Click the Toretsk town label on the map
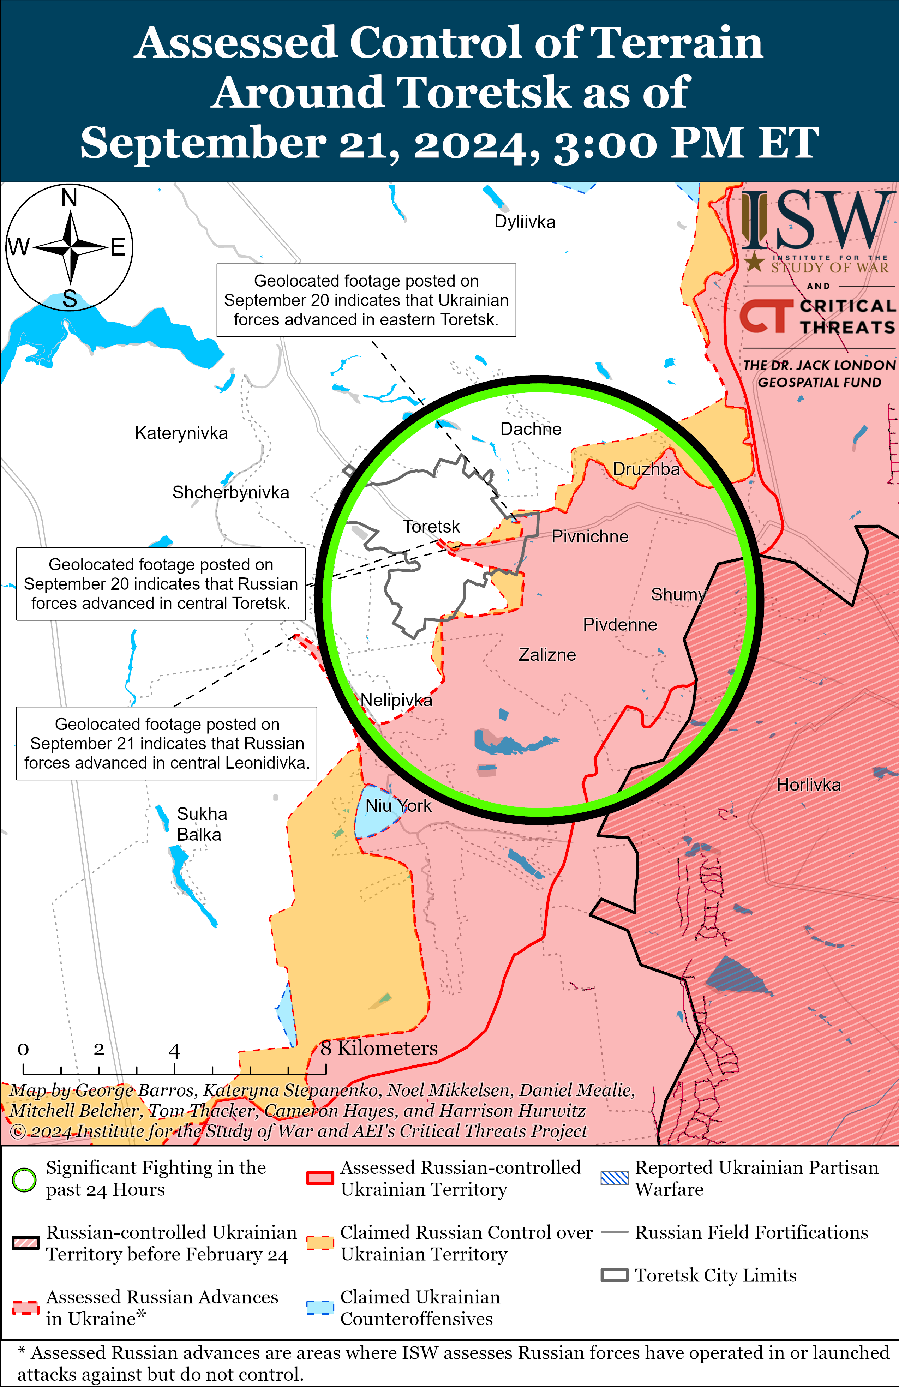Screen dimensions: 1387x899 click(431, 527)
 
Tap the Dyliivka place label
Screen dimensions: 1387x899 click(525, 222)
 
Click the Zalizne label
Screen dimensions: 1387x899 click(547, 655)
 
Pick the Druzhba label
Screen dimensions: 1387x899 click(646, 469)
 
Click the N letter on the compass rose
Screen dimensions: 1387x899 click(70, 198)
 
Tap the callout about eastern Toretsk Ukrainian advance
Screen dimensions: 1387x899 click(366, 300)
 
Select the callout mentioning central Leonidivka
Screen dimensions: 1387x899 click(167, 744)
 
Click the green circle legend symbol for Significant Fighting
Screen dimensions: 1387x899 click(24, 1180)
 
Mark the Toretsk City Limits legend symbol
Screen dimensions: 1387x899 click(615, 1275)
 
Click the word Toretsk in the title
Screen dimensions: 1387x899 click(483, 93)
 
